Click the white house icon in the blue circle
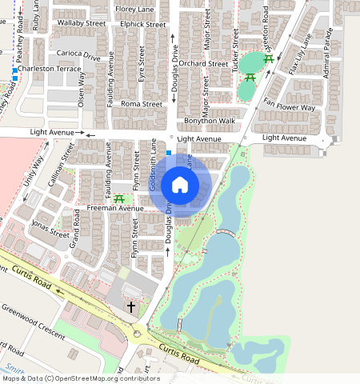point(180,186)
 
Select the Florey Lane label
point(134,9)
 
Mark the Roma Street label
point(141,104)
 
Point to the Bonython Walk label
point(209,121)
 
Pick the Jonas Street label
point(49,229)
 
